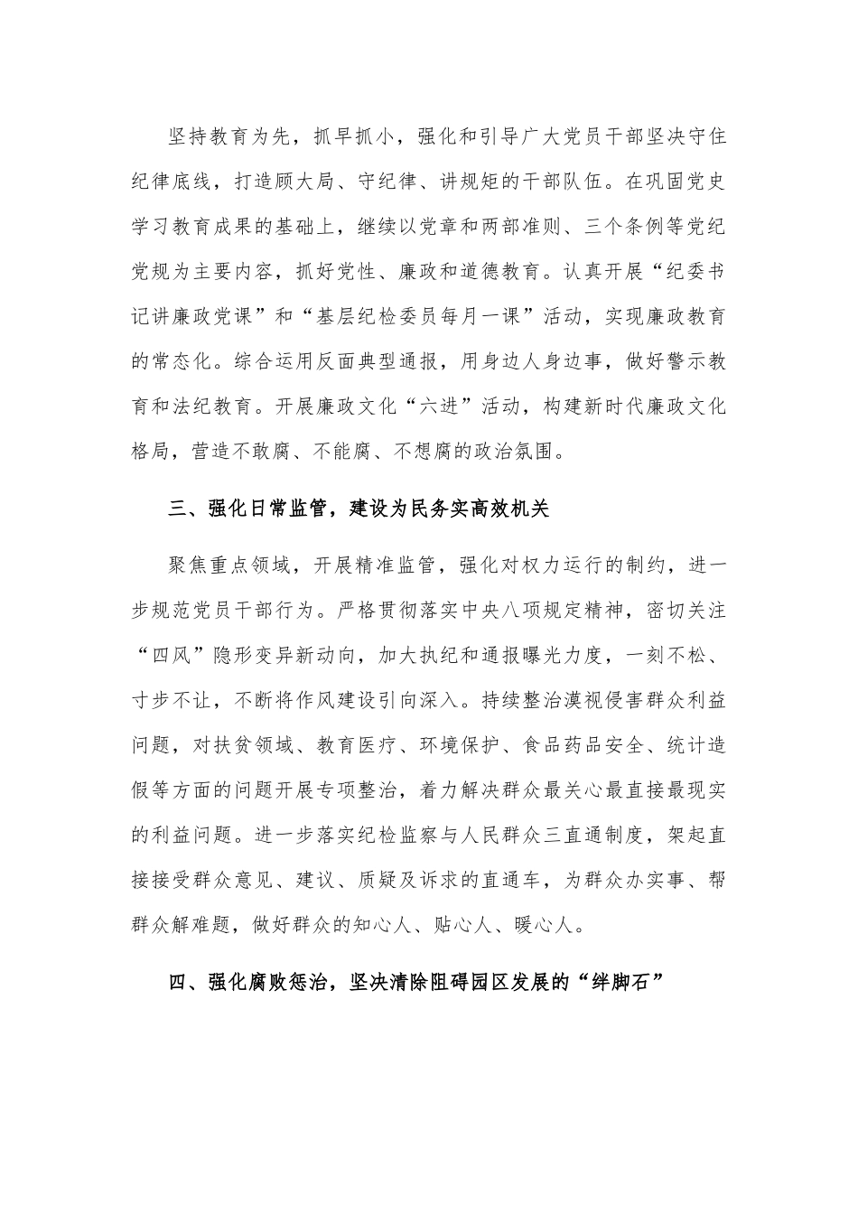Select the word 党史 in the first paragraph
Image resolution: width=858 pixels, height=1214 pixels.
(x=705, y=182)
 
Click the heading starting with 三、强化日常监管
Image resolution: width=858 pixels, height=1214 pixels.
(x=359, y=509)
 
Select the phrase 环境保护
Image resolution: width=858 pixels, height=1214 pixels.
(x=453, y=745)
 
